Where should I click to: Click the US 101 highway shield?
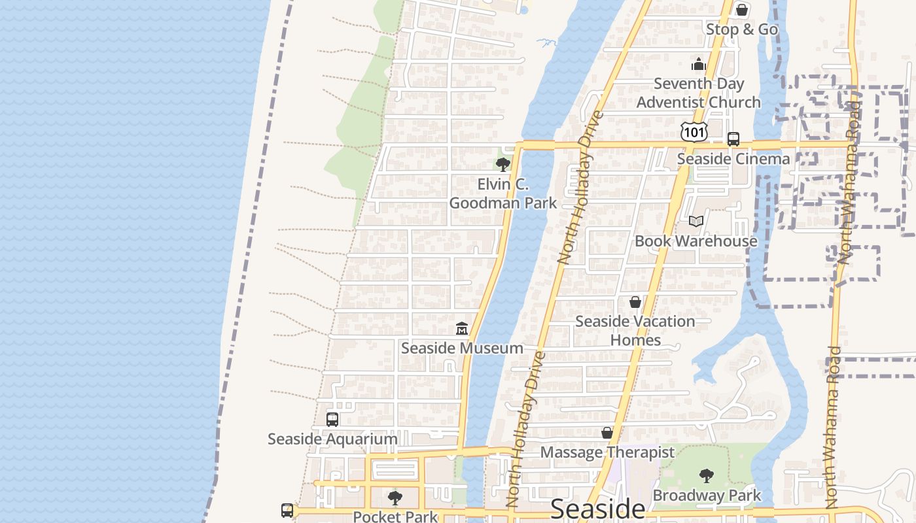pos(694,131)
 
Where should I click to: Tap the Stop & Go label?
pos(742,29)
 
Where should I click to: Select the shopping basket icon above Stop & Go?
pos(742,10)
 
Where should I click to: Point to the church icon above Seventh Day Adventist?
pos(699,65)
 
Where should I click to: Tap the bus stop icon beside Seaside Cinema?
pos(733,139)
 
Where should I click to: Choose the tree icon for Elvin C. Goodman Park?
pos(502,164)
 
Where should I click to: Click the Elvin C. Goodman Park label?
pos(503,194)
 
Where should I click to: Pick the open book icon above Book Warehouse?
pos(696,222)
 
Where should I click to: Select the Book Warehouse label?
pos(696,241)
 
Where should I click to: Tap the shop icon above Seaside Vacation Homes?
pos(635,302)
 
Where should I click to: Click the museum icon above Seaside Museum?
pos(462,328)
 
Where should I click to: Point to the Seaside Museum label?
pos(462,348)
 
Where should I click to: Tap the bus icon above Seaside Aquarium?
pos(332,420)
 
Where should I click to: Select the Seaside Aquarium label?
pos(332,439)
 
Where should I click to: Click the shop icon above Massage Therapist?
pos(607,433)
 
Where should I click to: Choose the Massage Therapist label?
pos(607,452)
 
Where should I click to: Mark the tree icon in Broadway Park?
pos(707,476)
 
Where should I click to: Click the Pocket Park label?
pos(395,516)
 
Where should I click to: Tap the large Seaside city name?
pos(598,509)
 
